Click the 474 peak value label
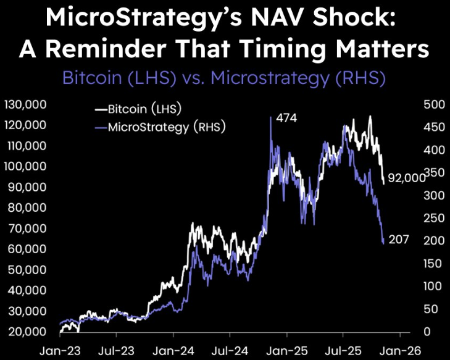pyautogui.click(x=287, y=117)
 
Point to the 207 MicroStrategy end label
pyautogui.click(x=399, y=239)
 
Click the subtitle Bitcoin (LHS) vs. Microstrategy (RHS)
pyautogui.click(x=225, y=78)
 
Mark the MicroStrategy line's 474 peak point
pyautogui.click(x=271, y=117)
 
